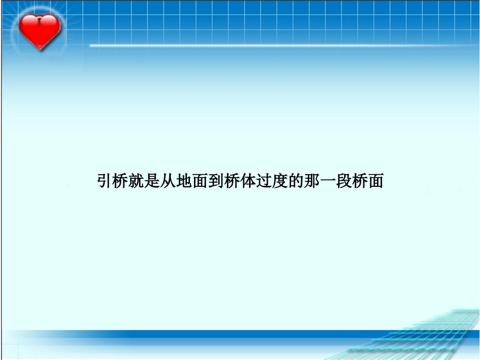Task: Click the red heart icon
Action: click(39, 30)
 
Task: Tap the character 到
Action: click(216, 181)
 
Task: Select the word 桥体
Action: click(239, 181)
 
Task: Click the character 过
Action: click(263, 181)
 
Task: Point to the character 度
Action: click(279, 181)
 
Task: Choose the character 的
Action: click(295, 181)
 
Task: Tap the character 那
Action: click(311, 181)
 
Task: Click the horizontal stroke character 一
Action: click(327, 181)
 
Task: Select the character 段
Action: click(343, 181)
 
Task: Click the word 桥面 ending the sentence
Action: click(367, 181)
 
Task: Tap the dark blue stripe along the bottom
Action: click(202, 334)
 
